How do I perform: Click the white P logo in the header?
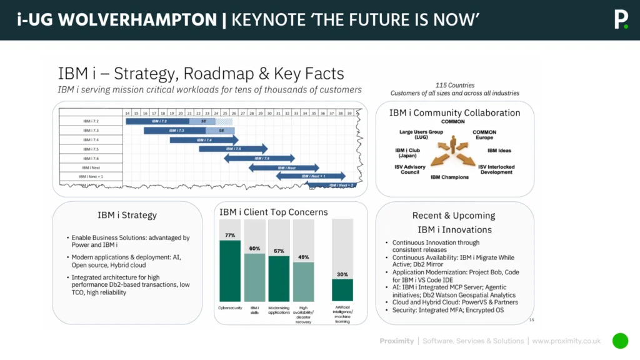pos(620,19)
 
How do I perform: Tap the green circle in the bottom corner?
pos(620,341)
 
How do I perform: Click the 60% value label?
pos(254,248)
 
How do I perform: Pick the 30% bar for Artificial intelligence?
pos(342,289)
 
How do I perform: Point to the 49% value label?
pos(303,257)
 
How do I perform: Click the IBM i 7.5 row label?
pos(91,149)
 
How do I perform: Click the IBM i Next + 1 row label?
pos(91,177)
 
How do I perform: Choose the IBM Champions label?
pos(449,177)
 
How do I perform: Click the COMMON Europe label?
pos(484,135)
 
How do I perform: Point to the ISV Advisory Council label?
pos(410,169)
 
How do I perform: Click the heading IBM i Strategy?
pos(127,215)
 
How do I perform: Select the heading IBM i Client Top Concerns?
pos(274,212)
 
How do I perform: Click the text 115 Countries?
pos(454,85)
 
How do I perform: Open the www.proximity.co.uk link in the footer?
pos(566,341)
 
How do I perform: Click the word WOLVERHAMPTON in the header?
pos(136,20)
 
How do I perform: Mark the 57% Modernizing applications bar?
pos(279,278)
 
